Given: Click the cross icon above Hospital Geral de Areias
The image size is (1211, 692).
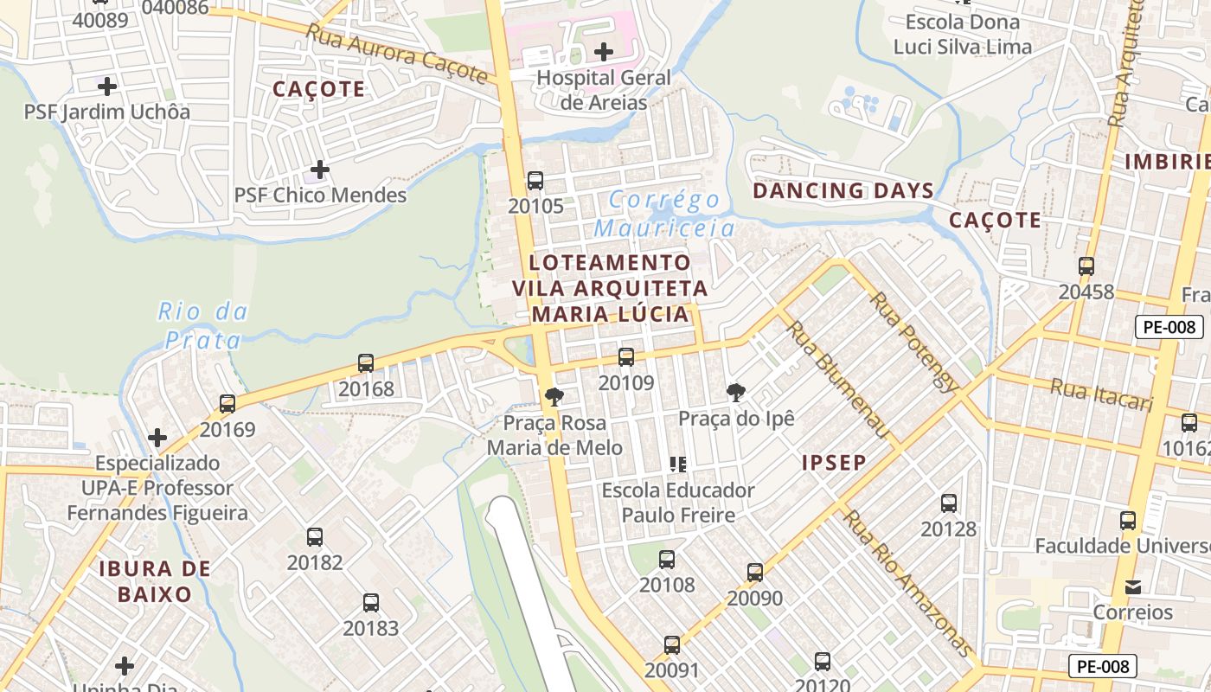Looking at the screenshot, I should point(604,52).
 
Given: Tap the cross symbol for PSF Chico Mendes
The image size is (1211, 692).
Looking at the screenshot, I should point(320,170).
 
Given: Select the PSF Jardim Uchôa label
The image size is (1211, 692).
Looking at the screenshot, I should point(106,112).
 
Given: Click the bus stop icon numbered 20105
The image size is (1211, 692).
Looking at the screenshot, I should point(535,181).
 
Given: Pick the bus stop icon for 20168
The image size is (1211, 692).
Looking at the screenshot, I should point(366,363).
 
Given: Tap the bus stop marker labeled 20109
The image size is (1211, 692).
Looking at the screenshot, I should point(626,356).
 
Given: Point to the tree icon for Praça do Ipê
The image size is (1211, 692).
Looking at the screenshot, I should point(736,393).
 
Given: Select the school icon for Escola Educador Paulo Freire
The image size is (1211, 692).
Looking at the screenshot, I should point(678,465).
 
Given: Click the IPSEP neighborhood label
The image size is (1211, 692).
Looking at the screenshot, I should point(834,463).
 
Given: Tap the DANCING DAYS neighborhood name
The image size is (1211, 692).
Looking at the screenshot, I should point(843,190).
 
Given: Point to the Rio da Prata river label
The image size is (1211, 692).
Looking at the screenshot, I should point(202,325).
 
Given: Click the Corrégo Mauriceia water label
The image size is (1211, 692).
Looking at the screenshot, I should point(664,214).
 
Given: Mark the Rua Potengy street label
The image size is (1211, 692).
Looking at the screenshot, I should point(913,342).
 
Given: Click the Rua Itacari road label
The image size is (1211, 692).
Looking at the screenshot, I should point(1102,395).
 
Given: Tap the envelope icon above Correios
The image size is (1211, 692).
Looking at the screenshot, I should point(1132,587).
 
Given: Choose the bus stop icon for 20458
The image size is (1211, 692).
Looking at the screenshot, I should point(1086,266).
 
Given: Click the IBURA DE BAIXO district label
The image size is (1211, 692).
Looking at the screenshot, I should point(155,581).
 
